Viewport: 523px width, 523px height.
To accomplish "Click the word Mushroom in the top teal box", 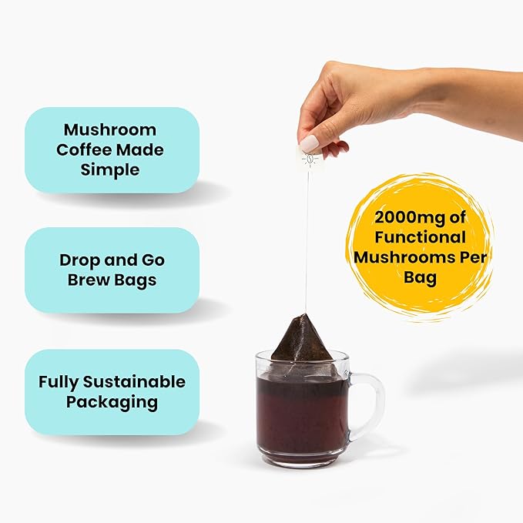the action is click(110, 129).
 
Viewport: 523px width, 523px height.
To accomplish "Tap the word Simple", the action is click(110, 170).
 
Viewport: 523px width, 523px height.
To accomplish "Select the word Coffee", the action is click(83, 149).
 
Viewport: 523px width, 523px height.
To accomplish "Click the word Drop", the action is click(79, 260).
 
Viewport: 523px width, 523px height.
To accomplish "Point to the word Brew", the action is click(87, 280).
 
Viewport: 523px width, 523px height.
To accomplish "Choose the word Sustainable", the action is click(134, 382).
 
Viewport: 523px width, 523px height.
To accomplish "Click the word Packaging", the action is click(112, 402).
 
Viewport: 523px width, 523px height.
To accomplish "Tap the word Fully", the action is click(59, 383).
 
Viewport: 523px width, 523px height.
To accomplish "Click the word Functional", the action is click(421, 237).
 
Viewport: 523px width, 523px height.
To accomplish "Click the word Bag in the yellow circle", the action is click(421, 278).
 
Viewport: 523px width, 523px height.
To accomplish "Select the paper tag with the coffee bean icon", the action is click(310, 159).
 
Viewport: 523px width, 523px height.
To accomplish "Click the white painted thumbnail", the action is click(309, 143).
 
